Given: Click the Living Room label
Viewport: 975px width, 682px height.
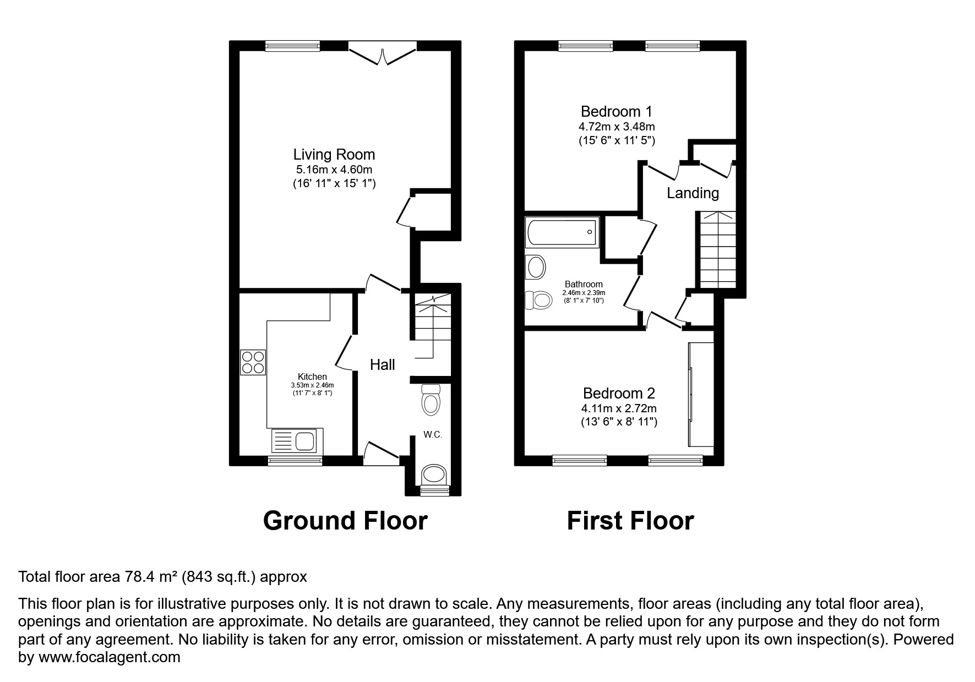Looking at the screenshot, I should pos(334,155).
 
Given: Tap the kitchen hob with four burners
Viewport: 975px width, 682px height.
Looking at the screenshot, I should pos(253,363).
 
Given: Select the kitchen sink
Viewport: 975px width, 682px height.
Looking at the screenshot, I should pos(293,441).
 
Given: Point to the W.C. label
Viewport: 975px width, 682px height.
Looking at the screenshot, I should pos(433,434).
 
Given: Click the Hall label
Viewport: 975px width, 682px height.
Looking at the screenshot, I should pos(382,364).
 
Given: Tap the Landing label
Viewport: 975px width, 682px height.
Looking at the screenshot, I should pos(693,193).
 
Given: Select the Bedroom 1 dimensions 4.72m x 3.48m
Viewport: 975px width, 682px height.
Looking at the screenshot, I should pos(616,127).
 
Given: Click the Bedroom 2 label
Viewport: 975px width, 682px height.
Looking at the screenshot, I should pos(619,393).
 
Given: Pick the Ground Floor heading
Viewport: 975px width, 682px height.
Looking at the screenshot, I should pos(345,520).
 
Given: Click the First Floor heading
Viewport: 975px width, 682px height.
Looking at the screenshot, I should pos(630,520).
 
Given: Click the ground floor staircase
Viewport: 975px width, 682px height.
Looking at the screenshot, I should pos(432,325).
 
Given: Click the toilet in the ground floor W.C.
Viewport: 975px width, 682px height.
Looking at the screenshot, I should pos(431,400).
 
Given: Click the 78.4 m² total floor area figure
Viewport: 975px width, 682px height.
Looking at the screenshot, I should pos(140,577).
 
